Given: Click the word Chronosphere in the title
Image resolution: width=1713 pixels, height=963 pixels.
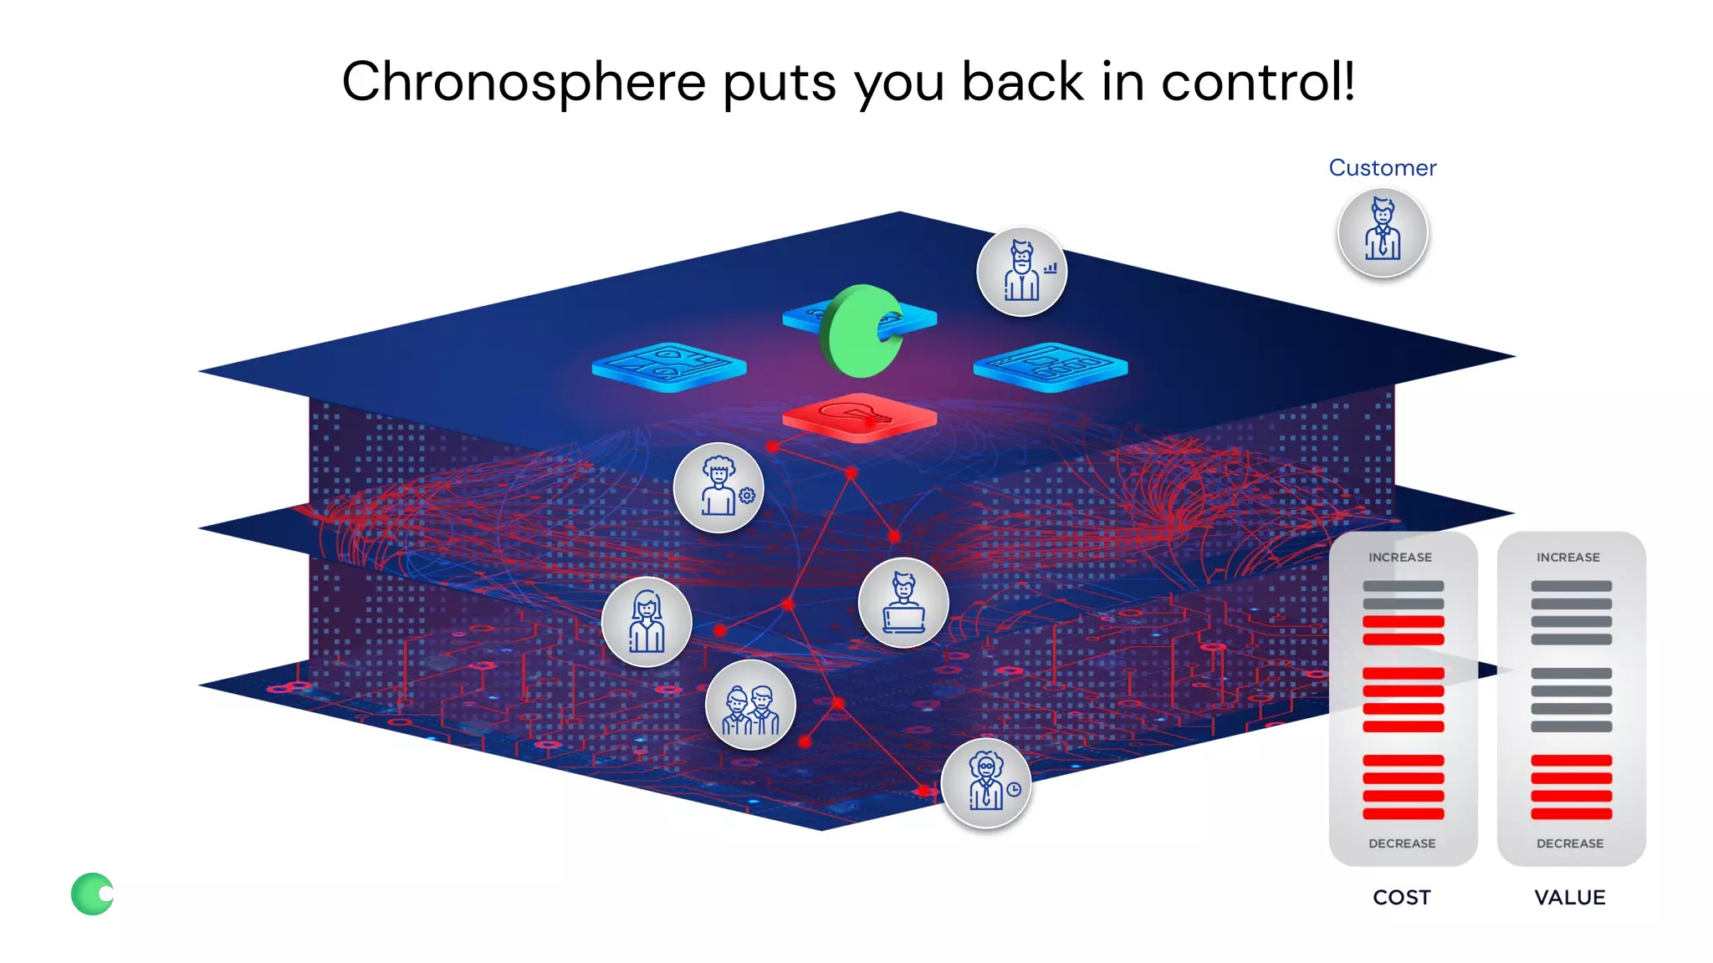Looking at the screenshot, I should tap(524, 82).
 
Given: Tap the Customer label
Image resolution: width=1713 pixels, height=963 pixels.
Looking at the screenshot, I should tap(1382, 168).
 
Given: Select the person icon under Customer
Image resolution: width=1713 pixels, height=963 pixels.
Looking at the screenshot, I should tap(1382, 232).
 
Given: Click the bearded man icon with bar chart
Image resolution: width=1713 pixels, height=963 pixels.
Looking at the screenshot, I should tap(1021, 272).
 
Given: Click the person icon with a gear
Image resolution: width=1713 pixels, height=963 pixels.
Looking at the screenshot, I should tap(718, 487).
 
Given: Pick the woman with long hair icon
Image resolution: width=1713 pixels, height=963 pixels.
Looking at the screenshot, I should tap(647, 622).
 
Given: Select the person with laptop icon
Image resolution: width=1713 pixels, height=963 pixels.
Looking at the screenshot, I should tap(903, 603).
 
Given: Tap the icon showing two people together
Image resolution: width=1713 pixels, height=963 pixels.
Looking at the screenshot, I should tap(750, 705).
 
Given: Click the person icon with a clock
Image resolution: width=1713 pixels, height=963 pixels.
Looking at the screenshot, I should tap(986, 783).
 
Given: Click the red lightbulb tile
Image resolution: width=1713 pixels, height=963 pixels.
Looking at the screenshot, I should tap(859, 416).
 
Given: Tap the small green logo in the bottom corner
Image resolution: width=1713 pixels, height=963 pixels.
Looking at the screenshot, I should tap(92, 894).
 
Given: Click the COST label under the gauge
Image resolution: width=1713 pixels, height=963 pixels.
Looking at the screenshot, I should tap(1402, 897).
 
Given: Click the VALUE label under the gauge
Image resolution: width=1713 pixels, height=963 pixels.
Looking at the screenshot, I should tap(1570, 897).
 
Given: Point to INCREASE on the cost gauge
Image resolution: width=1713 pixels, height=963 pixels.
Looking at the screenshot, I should tap(1400, 558).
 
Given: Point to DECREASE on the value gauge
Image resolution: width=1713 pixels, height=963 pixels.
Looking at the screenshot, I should tap(1570, 843).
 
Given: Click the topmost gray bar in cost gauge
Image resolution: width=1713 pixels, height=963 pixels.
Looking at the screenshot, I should tap(1403, 586).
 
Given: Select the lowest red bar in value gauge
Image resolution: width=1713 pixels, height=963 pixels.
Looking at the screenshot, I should tap(1571, 813).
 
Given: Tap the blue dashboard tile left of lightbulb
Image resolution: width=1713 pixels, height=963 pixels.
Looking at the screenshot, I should tap(668, 366).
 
